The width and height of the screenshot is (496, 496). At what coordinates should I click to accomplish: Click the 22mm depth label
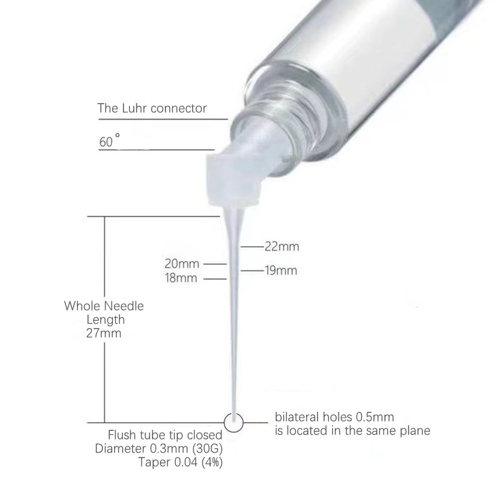282,246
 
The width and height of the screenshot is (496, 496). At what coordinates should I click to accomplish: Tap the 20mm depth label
182,264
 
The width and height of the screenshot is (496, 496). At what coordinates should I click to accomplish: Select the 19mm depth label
281,271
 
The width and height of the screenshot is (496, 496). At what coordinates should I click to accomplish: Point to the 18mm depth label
181,278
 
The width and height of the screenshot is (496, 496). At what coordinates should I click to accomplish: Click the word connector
179,108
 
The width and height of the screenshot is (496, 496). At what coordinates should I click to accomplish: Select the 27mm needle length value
104,333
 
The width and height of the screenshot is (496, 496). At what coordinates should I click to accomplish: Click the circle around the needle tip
234,414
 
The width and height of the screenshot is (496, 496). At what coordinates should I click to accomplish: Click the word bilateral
297,417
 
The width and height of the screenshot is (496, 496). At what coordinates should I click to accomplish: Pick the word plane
415,431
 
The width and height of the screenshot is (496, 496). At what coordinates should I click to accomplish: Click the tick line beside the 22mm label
252,246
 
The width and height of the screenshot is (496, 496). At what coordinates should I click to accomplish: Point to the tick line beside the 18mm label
215,279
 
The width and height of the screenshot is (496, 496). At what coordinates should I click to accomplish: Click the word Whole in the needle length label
82,306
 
